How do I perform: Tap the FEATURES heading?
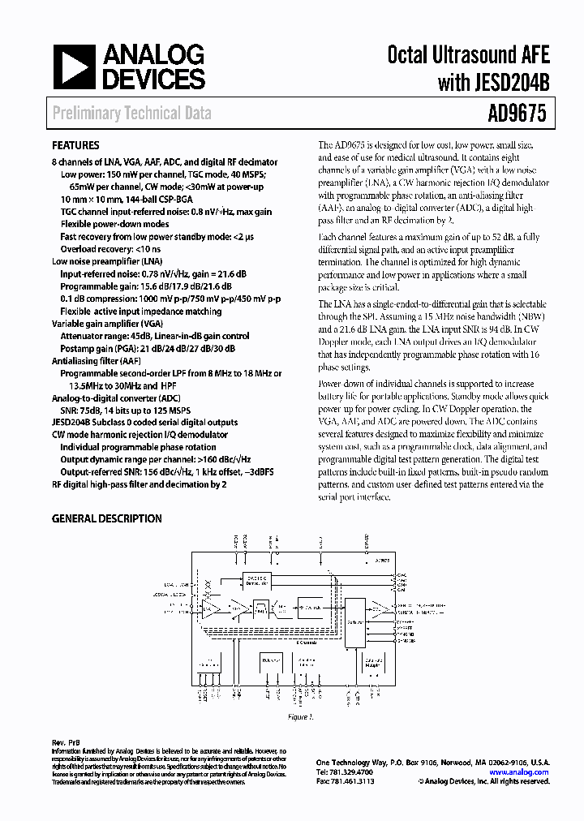(75, 146)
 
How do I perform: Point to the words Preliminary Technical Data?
(131, 113)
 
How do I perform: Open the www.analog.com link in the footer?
(519, 772)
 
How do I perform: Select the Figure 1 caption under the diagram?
(300, 717)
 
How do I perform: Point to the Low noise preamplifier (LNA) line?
(106, 262)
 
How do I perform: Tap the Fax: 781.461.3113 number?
(348, 781)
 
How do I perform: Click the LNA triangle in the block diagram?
(209, 606)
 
